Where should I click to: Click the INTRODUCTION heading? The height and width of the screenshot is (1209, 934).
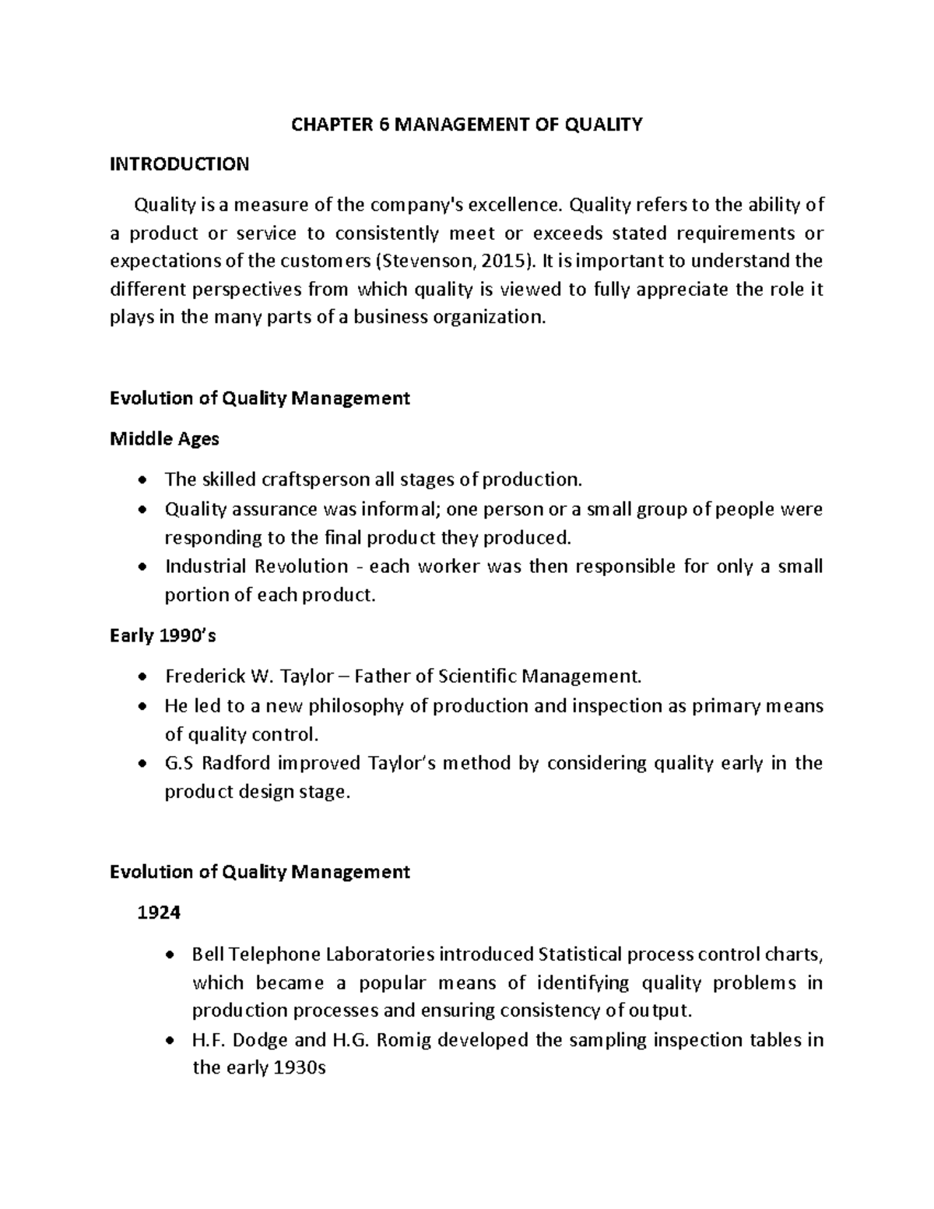[180, 164]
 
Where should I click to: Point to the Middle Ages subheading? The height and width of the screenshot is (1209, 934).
[164, 439]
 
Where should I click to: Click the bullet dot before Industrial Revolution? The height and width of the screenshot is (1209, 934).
[141, 567]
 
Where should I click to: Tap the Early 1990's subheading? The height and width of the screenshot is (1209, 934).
[163, 636]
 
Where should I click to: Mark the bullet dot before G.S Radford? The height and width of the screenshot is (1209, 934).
[141, 764]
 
